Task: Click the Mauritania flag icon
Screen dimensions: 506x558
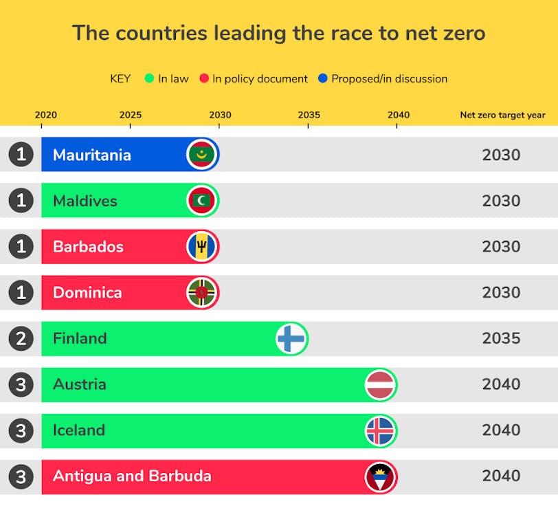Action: [202, 155]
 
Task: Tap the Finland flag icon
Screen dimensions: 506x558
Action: [291, 339]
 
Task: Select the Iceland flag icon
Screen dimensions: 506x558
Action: [381, 431]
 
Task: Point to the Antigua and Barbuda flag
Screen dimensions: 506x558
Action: [381, 476]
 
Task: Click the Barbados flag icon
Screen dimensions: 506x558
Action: [202, 247]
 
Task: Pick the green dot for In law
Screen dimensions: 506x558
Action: [149, 79]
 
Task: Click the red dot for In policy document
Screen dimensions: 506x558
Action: [203, 79]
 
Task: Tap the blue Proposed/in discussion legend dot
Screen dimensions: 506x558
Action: [323, 79]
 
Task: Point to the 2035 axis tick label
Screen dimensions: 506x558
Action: [309, 115]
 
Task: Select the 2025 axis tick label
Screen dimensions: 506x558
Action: [131, 115]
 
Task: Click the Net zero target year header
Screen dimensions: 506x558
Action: [502, 115]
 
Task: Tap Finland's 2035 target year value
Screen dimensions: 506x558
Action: [501, 338]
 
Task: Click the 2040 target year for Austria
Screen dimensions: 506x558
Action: [501, 384]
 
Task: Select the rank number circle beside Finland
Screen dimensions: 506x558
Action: [21, 338]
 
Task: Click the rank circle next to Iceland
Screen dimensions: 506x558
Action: [21, 430]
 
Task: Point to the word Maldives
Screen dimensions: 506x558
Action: [85, 201]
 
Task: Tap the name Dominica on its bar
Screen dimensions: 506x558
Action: [87, 293]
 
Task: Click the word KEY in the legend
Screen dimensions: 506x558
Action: [120, 79]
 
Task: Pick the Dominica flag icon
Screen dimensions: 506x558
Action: [202, 293]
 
